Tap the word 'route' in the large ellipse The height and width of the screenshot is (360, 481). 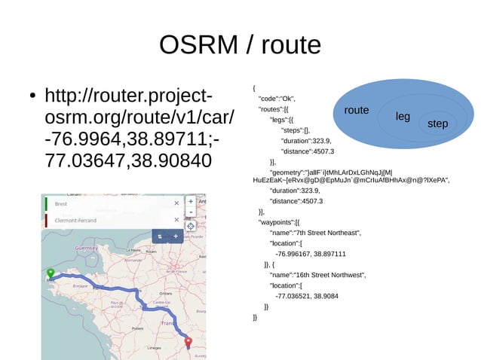(x=357, y=111)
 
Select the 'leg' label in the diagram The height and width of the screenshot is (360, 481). (x=403, y=117)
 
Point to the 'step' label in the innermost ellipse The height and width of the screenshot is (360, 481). (x=437, y=124)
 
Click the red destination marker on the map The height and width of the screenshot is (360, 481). (x=188, y=343)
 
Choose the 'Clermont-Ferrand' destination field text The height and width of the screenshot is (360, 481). (x=76, y=220)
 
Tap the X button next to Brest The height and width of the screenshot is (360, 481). (x=176, y=203)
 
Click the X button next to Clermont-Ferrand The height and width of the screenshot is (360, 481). (x=176, y=220)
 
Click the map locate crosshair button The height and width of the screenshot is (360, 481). (x=191, y=225)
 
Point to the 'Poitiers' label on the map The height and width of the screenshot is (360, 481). (x=137, y=328)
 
